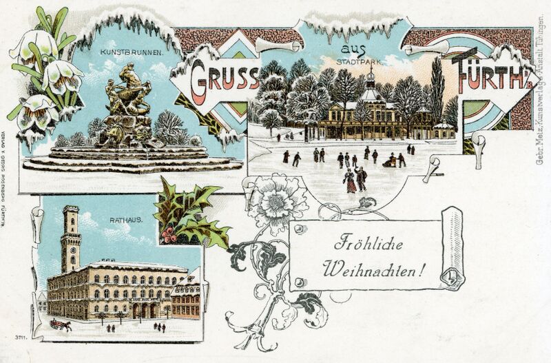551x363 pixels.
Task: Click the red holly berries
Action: (169, 235)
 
